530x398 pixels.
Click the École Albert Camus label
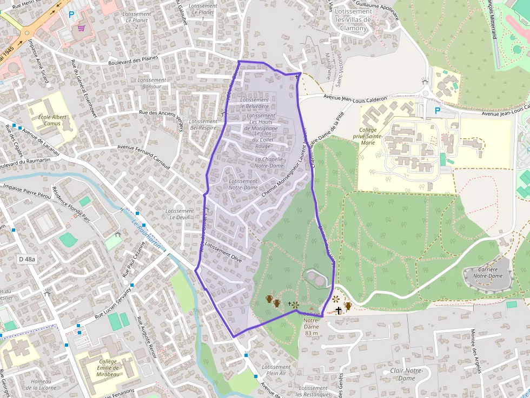(52, 120)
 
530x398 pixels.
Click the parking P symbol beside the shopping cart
(71, 15)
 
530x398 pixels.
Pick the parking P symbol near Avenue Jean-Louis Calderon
(438, 111)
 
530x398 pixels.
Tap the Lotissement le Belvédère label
(254, 103)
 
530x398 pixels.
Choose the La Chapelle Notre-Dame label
(269, 162)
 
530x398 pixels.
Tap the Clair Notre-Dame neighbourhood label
(406, 374)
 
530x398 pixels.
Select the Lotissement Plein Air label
(276, 370)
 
